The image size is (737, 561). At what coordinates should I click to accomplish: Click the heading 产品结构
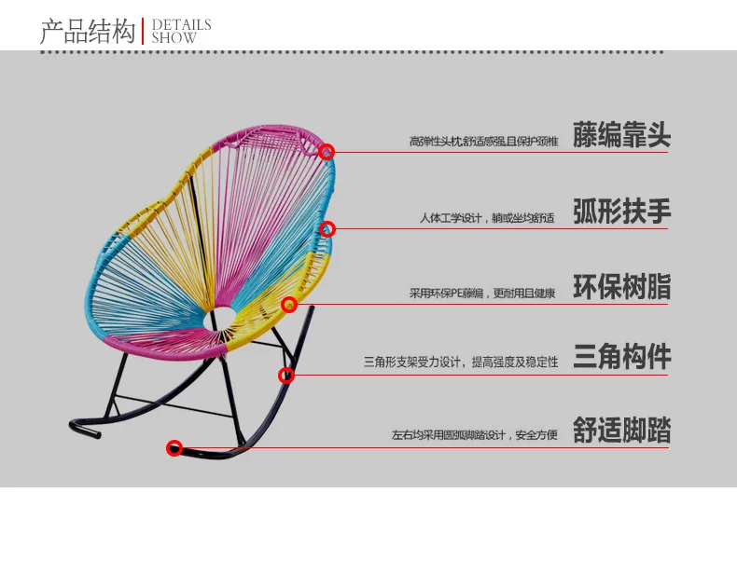[88, 33]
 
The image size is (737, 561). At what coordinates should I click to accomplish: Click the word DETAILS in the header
[182, 25]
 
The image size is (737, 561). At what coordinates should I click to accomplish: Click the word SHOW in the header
[174, 39]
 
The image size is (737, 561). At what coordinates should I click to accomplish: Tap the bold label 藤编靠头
[621, 137]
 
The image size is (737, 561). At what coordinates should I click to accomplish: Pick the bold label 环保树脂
[621, 287]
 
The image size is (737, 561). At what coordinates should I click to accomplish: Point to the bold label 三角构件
[621, 357]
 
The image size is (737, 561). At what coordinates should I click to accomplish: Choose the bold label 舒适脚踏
[621, 431]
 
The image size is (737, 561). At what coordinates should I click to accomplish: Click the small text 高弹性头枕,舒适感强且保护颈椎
[483, 142]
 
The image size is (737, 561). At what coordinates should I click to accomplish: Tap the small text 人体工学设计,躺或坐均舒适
[486, 218]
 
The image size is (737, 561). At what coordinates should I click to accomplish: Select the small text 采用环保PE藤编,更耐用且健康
[482, 293]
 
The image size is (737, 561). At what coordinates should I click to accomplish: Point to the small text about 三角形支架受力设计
[461, 362]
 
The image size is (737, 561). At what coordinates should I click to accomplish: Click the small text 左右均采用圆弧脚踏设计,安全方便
[475, 435]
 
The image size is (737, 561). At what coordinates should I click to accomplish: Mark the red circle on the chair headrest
[327, 151]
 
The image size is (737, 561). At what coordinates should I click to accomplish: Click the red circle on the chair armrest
[327, 228]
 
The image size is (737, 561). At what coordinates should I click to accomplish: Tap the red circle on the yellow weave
[289, 305]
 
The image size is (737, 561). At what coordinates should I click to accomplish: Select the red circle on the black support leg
[286, 376]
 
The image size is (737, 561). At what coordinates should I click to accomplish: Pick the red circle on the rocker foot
[174, 448]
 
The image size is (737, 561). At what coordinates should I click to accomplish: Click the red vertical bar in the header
[144, 31]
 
